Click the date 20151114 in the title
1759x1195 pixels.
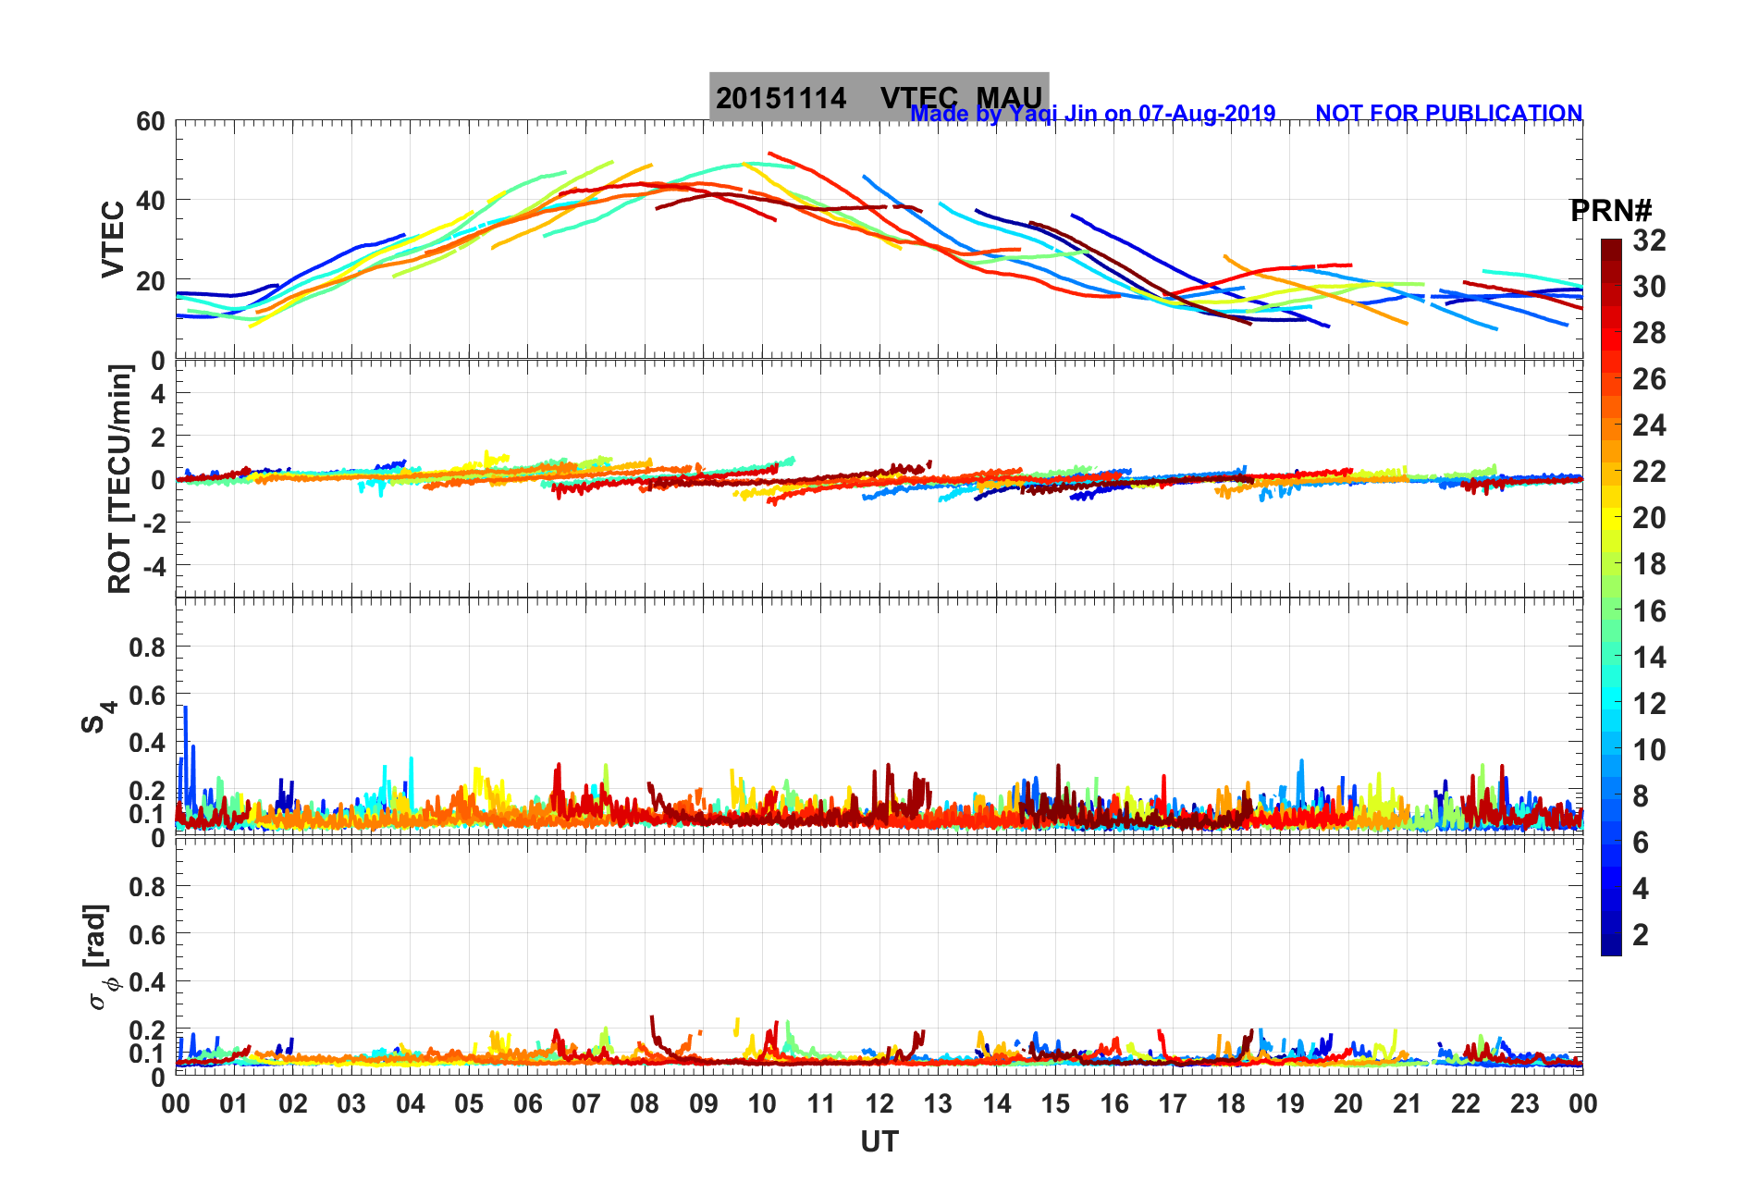pyautogui.click(x=781, y=98)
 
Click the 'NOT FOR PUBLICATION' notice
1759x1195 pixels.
pyautogui.click(x=1448, y=113)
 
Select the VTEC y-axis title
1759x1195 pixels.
pyautogui.click(x=112, y=239)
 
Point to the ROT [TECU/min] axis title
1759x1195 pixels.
pyautogui.click(x=119, y=478)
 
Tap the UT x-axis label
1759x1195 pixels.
pyautogui.click(x=879, y=1142)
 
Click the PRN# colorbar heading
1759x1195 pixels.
pyautogui.click(x=1610, y=211)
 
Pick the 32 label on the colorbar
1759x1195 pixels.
pyautogui.click(x=1649, y=240)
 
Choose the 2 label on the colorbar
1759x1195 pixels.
pyautogui.click(x=1641, y=934)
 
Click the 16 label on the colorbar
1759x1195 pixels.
pyautogui.click(x=1649, y=610)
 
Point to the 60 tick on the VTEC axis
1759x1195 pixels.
pyautogui.click(x=150, y=121)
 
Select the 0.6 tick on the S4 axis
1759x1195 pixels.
pyautogui.click(x=147, y=695)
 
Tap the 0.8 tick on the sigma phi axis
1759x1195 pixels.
pyautogui.click(x=147, y=886)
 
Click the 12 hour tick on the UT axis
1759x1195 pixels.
pyautogui.click(x=879, y=1103)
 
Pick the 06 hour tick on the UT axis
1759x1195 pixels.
pyautogui.click(x=527, y=1103)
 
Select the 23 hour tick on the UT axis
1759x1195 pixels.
pyautogui.click(x=1524, y=1103)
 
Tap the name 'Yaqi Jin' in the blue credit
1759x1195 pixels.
pyautogui.click(x=1052, y=113)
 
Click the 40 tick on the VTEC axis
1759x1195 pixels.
pyautogui.click(x=150, y=200)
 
